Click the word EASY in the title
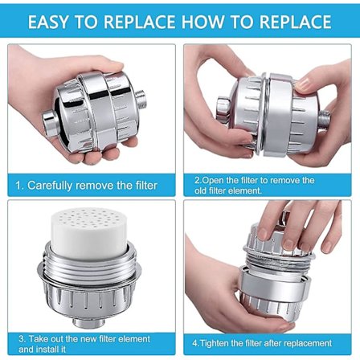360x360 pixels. [x=48, y=22]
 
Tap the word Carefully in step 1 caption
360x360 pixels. [x=50, y=186]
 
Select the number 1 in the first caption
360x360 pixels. [x=18, y=186]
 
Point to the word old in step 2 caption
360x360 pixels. [x=200, y=191]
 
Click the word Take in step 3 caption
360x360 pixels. [x=38, y=339]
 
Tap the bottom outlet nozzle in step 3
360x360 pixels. [x=89, y=322]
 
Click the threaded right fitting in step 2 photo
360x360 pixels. [x=325, y=118]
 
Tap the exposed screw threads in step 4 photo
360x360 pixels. [x=279, y=261]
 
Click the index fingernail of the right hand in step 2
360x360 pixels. [x=304, y=84]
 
